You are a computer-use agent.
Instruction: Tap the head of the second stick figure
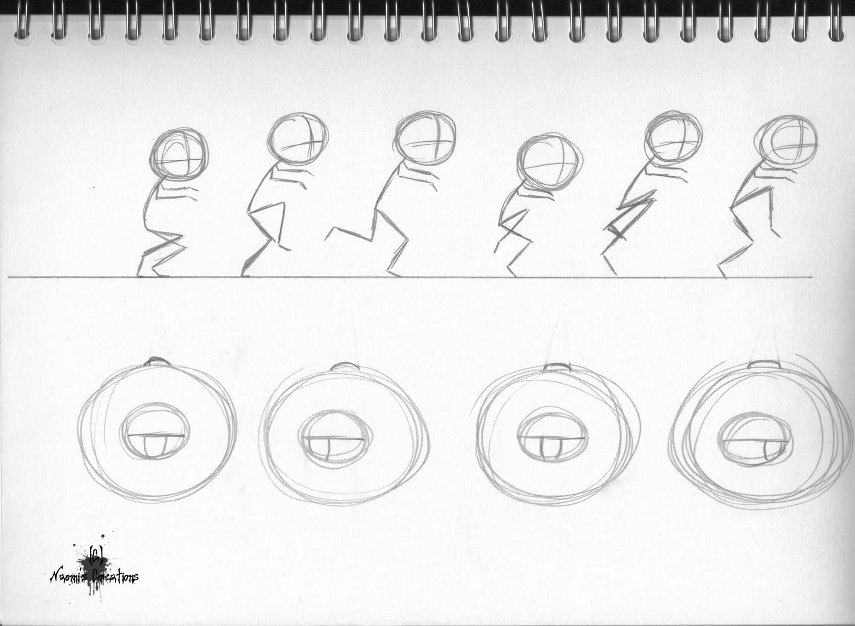pyautogui.click(x=297, y=140)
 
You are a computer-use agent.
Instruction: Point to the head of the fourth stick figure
pyautogui.click(x=549, y=163)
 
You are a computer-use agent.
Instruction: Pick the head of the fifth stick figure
pyautogui.click(x=673, y=138)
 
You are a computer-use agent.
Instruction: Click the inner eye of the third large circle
pyautogui.click(x=551, y=437)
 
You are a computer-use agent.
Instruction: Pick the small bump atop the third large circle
pyautogui.click(x=557, y=367)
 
